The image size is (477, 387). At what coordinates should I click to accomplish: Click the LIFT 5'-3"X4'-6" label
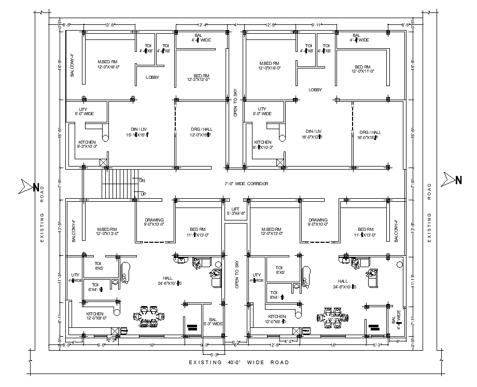coord(235,210)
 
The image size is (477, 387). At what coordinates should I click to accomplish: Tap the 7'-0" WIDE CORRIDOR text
coord(246,184)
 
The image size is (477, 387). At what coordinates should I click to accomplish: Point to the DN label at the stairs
coord(142,180)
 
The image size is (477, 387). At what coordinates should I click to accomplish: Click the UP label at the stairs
coord(143,193)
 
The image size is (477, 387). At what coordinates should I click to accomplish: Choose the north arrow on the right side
coord(452,180)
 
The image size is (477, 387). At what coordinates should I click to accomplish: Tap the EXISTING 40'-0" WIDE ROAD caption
coord(239,362)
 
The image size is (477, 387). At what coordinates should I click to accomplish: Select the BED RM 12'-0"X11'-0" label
coord(362,69)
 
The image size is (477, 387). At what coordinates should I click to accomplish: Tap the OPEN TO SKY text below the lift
coord(236,274)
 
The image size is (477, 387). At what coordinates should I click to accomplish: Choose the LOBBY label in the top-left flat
coord(152,77)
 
